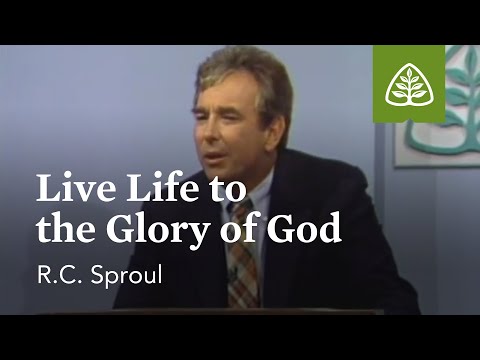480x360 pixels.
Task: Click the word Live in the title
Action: coord(67,189)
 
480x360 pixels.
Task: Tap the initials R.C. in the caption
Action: coord(55,270)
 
